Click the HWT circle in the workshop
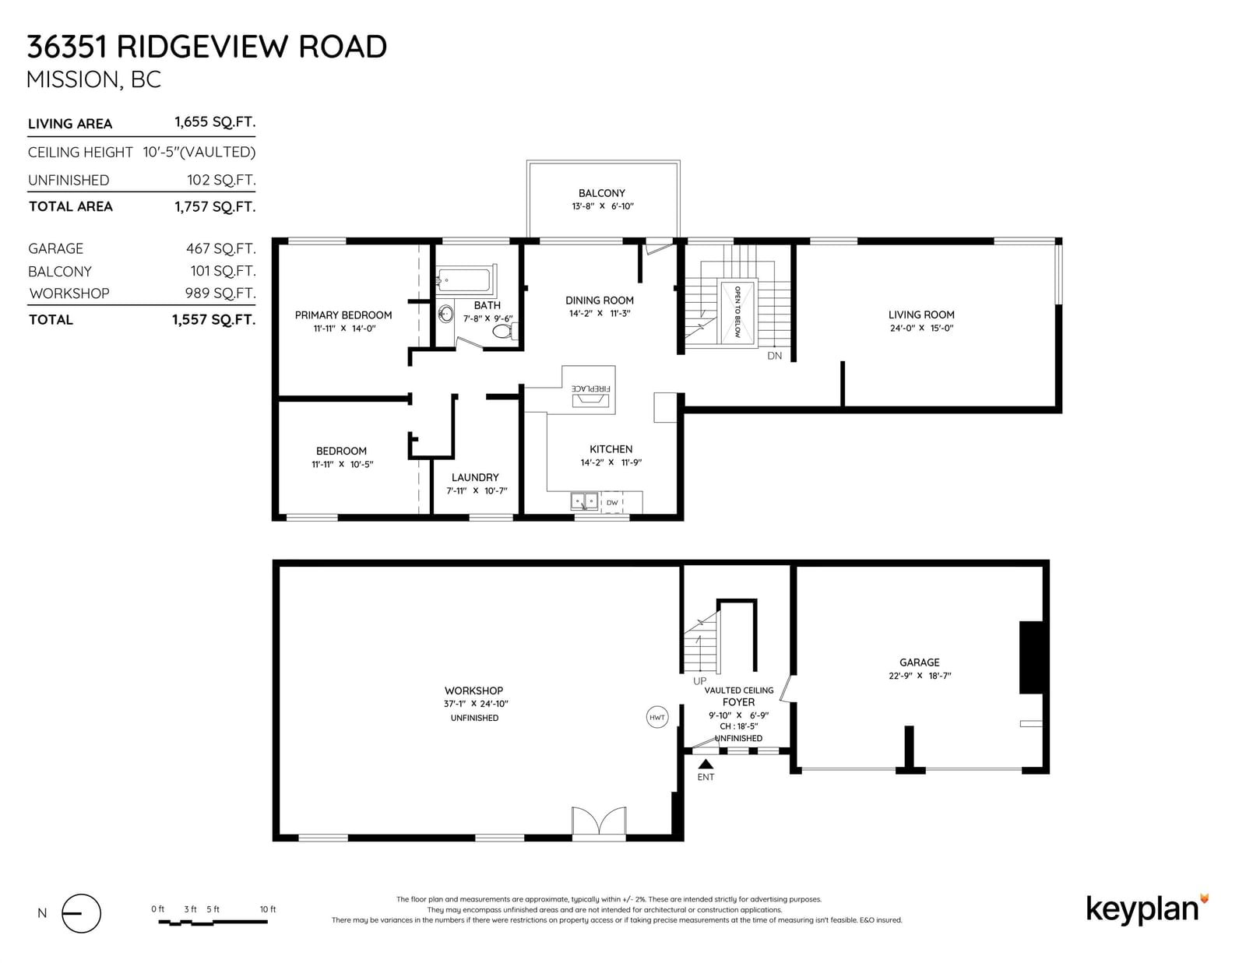point(657,717)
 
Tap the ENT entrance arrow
point(706,764)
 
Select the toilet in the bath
point(505,331)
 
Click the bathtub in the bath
point(466,280)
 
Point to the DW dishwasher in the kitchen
point(612,502)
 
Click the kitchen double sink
point(584,501)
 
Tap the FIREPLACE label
point(590,388)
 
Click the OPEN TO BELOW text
point(737,312)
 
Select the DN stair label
point(775,356)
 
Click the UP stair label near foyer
point(699,681)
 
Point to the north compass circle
point(82,913)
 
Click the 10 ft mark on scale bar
point(268,909)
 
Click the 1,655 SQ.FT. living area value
point(215,122)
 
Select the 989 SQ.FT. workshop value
point(220,293)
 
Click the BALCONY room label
point(601,193)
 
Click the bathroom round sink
point(445,314)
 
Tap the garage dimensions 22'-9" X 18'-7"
point(920,676)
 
